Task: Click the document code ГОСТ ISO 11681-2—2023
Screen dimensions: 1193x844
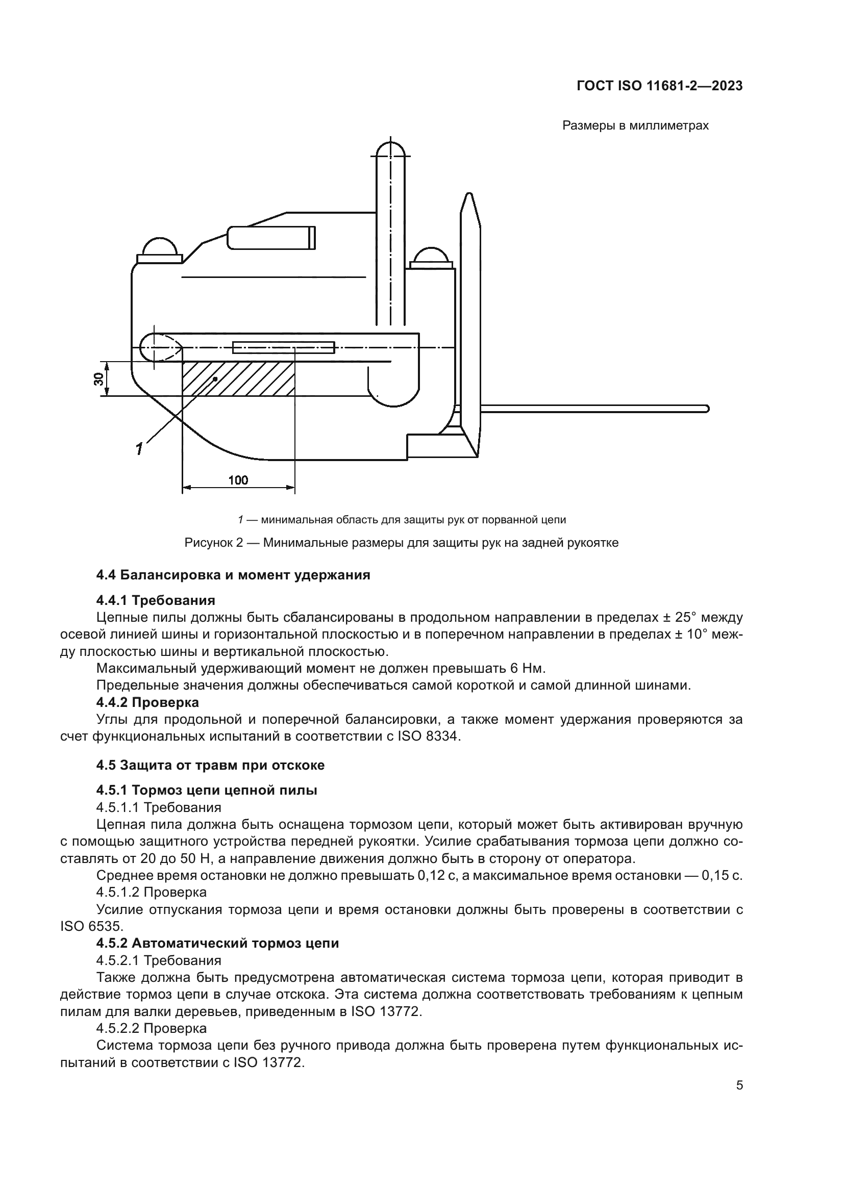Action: [659, 86]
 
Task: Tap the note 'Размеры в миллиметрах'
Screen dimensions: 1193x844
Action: [635, 126]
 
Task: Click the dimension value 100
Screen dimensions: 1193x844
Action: [238, 479]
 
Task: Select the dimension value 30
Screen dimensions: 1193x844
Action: [98, 379]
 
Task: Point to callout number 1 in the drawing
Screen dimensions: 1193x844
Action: [139, 448]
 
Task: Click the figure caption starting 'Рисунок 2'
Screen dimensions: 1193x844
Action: [401, 544]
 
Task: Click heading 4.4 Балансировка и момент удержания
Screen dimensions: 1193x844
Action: [233, 575]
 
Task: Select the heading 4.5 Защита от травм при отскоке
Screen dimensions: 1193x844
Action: [210, 765]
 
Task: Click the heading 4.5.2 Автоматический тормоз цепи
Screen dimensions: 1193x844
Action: [217, 943]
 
